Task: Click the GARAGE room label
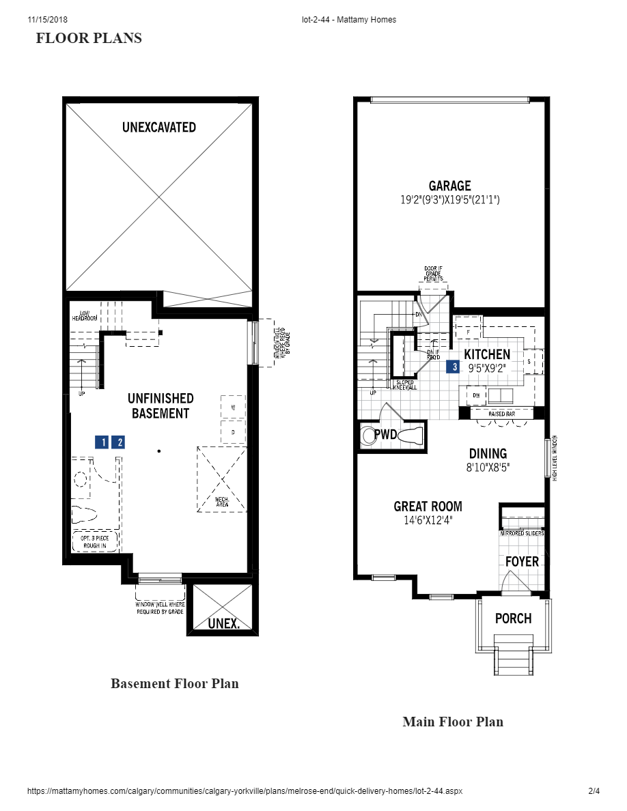[x=449, y=186]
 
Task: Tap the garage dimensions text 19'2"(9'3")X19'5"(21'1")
[x=449, y=201]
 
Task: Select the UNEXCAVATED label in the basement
[x=159, y=127]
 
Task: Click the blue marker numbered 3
[x=452, y=367]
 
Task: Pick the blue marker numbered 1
[x=102, y=442]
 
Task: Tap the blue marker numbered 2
[x=118, y=442]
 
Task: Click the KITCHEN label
[x=487, y=354]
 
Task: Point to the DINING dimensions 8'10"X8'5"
[x=488, y=468]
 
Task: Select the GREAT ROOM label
[x=428, y=507]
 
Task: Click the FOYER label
[x=522, y=561]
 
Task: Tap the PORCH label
[x=513, y=618]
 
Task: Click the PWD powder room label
[x=385, y=434]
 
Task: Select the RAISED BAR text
[x=501, y=414]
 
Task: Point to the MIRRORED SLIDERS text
[x=522, y=533]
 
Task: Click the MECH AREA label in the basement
[x=221, y=502]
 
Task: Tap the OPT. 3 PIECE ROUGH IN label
[x=95, y=541]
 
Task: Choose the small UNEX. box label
[x=223, y=623]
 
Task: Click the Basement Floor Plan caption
[x=175, y=683]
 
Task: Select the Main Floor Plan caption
[x=453, y=722]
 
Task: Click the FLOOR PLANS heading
[x=89, y=38]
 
